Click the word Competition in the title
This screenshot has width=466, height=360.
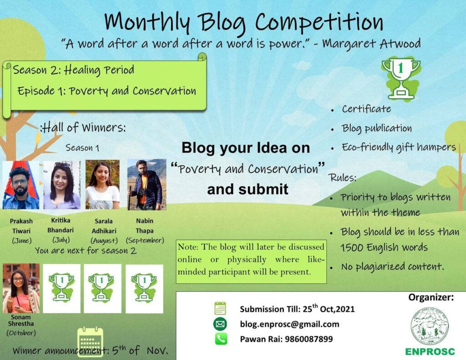click(x=319, y=22)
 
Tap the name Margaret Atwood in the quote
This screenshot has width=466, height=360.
click(x=371, y=44)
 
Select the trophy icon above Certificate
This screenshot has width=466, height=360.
click(x=400, y=78)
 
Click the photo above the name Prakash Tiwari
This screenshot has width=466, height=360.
click(x=21, y=185)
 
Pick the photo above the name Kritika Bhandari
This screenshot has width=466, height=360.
click(x=62, y=185)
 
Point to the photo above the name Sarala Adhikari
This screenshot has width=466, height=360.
click(x=102, y=184)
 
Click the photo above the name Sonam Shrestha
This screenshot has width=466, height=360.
click(x=21, y=288)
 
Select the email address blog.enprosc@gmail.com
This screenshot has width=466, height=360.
click(x=289, y=324)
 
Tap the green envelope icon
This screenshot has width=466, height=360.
click(x=221, y=324)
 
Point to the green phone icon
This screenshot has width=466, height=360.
click(x=221, y=339)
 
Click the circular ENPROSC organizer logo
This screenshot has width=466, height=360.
click(x=430, y=326)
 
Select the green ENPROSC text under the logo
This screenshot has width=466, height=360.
click(x=430, y=352)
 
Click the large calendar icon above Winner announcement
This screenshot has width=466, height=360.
click(x=91, y=342)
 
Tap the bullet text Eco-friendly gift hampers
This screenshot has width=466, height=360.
click(x=399, y=147)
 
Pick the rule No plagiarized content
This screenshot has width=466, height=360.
click(x=392, y=267)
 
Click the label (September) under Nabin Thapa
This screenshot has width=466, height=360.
click(x=144, y=240)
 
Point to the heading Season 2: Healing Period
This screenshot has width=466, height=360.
click(x=74, y=70)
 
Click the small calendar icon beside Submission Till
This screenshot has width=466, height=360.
click(x=221, y=309)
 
